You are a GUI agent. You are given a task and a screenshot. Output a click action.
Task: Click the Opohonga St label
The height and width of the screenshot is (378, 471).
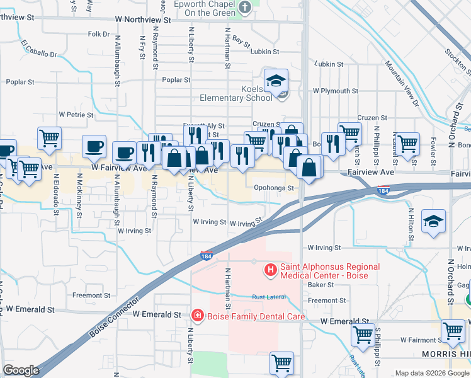pos(274,188)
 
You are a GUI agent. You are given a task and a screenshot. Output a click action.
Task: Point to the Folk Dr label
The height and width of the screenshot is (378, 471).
pos(99,34)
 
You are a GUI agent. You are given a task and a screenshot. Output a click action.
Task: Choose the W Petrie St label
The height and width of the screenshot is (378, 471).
pos(76,115)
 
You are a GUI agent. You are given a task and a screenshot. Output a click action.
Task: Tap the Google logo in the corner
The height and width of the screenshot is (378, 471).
pos(21,370)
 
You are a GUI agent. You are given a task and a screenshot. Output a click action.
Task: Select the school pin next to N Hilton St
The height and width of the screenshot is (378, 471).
pos(434,221)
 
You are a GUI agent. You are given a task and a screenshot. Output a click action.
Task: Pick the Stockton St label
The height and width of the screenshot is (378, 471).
pos(457,60)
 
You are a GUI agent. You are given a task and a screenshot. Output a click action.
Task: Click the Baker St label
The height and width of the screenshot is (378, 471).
pos(321,285)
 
